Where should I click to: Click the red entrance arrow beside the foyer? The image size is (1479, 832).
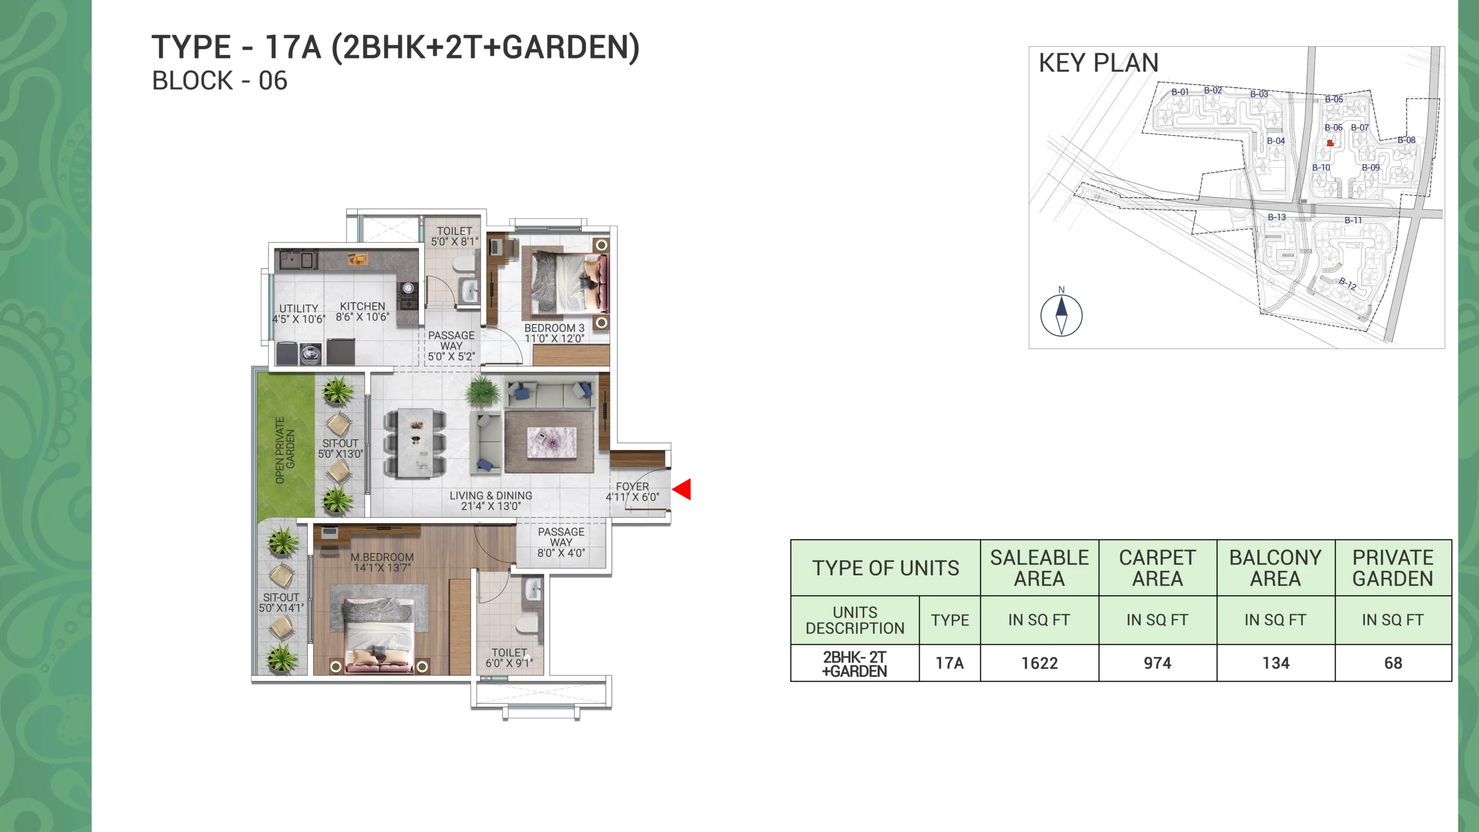tap(683, 489)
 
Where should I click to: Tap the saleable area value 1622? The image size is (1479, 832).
tap(1039, 663)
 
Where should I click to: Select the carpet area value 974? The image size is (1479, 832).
tap(1157, 663)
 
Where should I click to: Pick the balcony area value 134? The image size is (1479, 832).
tap(1276, 663)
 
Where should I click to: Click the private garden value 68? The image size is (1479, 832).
tap(1393, 663)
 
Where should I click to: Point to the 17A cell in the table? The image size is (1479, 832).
tap(950, 663)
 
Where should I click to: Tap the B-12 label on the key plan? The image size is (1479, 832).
tap(1347, 284)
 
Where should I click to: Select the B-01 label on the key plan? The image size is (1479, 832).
tap(1180, 92)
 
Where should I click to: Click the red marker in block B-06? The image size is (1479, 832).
tap(1330, 143)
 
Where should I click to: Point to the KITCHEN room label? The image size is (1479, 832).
tap(362, 306)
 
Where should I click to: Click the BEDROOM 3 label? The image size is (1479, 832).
tap(554, 328)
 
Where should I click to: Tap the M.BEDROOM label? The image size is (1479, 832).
tap(382, 557)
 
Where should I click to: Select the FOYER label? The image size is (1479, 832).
tap(632, 486)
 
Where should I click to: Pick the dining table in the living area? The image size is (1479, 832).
tap(415, 443)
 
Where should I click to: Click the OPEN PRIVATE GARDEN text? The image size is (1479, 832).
tap(285, 450)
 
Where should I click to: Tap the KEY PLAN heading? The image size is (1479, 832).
tap(1098, 62)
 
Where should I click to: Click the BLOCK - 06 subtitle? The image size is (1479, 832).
tap(220, 81)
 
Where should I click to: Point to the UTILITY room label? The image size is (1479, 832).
tap(299, 309)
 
